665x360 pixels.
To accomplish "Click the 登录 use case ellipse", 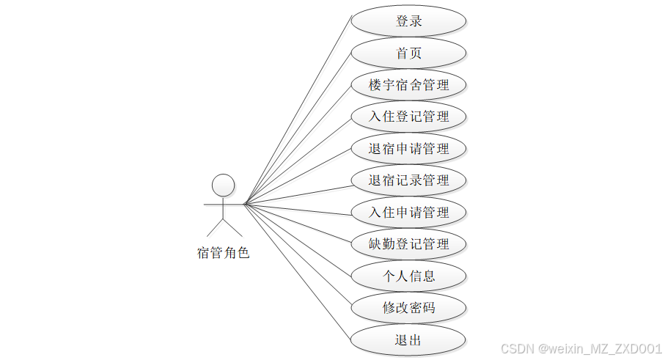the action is point(408,21).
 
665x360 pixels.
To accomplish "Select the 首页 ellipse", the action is point(408,54).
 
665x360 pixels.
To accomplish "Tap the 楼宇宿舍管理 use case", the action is point(408,85).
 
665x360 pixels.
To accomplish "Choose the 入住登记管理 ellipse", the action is point(408,117).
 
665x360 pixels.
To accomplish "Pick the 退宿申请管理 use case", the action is point(408,149).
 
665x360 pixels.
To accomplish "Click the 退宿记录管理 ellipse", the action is point(408,180).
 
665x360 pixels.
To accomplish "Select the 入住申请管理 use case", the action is point(408,213).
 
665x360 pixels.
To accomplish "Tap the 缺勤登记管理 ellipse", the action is point(408,244).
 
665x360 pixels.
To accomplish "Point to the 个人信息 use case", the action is point(408,276).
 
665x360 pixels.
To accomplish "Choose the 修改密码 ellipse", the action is point(408,308).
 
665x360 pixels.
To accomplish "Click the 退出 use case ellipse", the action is point(408,340).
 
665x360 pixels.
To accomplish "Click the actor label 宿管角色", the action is point(224,254).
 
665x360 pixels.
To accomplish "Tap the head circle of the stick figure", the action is point(224,185).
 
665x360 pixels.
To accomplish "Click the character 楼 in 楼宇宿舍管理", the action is point(376,85).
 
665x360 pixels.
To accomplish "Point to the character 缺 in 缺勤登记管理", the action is point(376,244).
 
